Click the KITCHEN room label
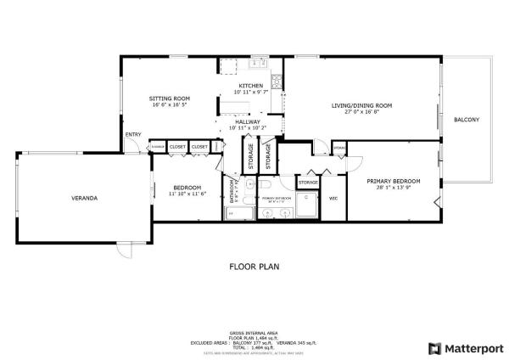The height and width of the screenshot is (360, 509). click(250, 86)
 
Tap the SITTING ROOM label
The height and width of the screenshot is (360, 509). click(169, 98)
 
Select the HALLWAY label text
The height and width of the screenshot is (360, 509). click(247, 122)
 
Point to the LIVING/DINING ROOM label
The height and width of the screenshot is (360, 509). click(361, 105)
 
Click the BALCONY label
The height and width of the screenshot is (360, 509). click(467, 120)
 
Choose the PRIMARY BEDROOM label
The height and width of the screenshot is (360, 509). click(394, 181)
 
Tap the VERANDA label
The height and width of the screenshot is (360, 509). click(84, 198)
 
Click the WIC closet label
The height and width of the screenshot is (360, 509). click(333, 199)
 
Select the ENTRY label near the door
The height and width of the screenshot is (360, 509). click(133, 135)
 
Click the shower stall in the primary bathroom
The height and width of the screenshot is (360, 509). click(306, 204)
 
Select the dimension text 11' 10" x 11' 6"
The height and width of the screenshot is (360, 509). click(187, 194)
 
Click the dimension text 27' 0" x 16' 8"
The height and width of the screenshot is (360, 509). click(361, 112)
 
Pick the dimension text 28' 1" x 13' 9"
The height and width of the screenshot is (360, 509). click(394, 188)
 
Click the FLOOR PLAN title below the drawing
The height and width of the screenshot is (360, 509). click(255, 266)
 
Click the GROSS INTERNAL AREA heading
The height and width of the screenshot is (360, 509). click(255, 332)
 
